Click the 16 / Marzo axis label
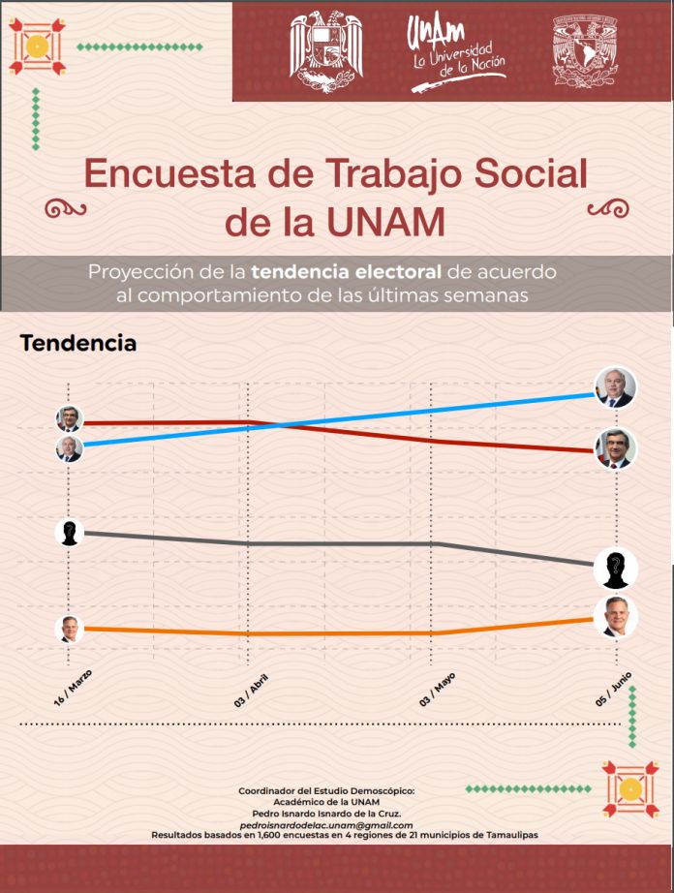pos(73,685)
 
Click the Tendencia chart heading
pos(77,344)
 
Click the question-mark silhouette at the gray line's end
pos(615,568)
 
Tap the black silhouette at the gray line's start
pos(69,532)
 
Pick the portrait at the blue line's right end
pos(615,387)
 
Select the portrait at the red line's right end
pos(615,448)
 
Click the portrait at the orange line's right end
pos(615,617)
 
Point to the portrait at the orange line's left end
pos(68,628)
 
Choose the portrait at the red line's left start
pos(69,419)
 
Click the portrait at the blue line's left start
pos(69,448)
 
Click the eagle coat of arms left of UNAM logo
pos(326,50)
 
